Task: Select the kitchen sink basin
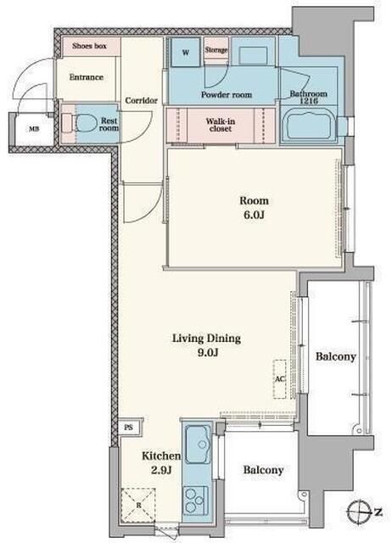point(198,444)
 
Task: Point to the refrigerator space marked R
point(138,506)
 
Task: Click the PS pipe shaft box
point(129,428)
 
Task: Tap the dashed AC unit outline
point(279,379)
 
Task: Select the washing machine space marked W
point(186,52)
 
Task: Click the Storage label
point(216,50)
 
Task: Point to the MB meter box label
point(34,130)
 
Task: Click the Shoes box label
point(89,46)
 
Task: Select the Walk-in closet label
point(221,125)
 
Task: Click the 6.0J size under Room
point(255,215)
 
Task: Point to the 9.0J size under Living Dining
point(207,353)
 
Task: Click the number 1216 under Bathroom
point(309,101)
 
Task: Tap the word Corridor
point(142,100)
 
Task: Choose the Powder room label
point(227,94)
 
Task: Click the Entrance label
point(87,77)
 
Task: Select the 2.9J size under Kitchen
point(162,470)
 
